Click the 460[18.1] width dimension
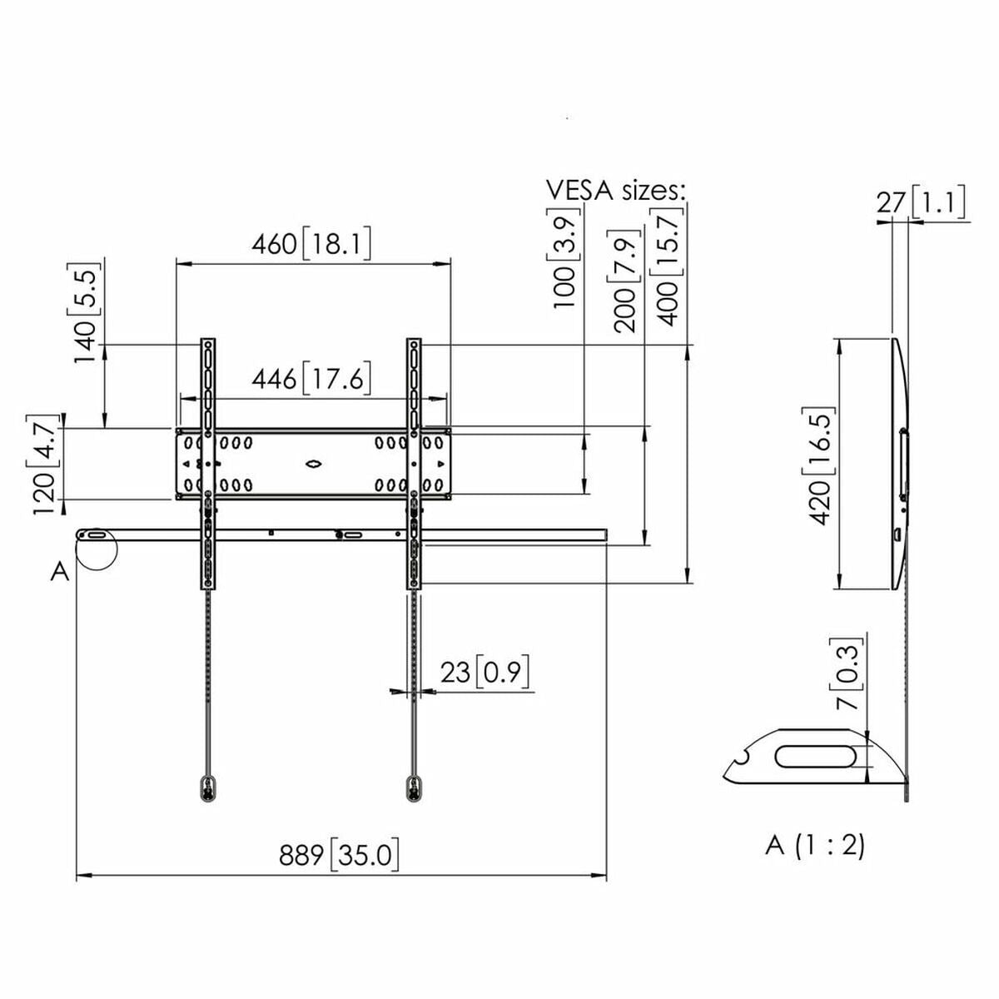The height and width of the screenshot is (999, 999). [311, 244]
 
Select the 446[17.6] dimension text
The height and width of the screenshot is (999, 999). [311, 379]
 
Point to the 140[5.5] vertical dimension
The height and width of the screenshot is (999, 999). [87, 313]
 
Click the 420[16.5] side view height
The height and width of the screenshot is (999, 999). [819, 465]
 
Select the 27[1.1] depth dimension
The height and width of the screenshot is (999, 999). [921, 202]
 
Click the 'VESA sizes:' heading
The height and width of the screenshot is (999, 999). [616, 190]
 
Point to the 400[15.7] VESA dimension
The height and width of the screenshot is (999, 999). [668, 266]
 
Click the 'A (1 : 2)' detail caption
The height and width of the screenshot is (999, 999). [815, 845]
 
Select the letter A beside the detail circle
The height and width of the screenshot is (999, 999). [59, 572]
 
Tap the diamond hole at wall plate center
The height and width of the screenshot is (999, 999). [313, 464]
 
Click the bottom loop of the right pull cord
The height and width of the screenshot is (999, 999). [413, 788]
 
